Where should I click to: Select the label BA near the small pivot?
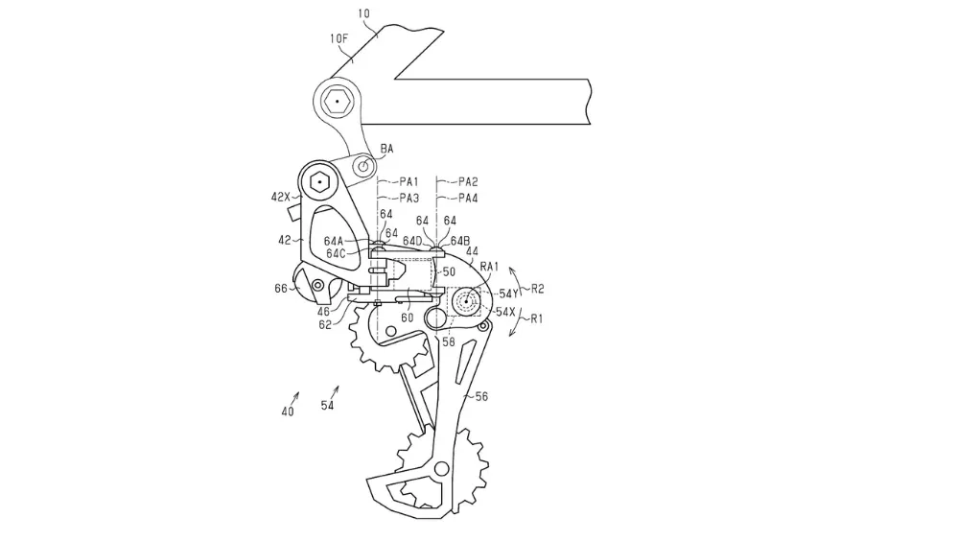pos(386,149)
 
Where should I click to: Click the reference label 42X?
pos(280,197)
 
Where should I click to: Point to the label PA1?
pos(410,180)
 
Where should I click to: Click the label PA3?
pos(410,198)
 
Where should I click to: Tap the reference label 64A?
pos(336,242)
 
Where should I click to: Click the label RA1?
pos(490,266)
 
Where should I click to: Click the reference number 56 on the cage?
pos(482,394)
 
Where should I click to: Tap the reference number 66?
pos(280,286)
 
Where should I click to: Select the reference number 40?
pos(287,412)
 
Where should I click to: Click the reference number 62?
pos(326,325)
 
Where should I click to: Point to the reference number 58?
pos(448,341)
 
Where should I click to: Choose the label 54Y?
pos(508,293)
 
